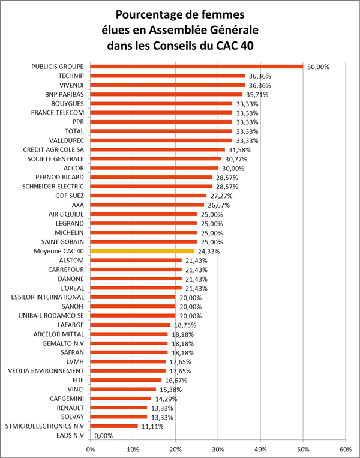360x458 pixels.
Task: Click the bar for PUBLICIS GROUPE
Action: click(x=196, y=67)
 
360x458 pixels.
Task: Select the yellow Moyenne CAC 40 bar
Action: click(x=142, y=251)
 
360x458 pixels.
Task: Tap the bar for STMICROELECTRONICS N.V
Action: click(x=114, y=426)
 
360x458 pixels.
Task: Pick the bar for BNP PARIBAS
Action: click(x=166, y=94)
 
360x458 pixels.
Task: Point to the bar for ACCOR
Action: click(x=154, y=168)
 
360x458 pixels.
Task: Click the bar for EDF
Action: click(x=126, y=380)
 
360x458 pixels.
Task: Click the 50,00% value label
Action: click(x=318, y=67)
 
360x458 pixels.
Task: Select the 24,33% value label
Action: click(x=209, y=251)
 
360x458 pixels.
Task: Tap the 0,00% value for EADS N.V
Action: click(x=104, y=436)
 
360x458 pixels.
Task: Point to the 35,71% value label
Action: click(x=257, y=95)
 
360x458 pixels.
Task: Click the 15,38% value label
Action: click(x=171, y=390)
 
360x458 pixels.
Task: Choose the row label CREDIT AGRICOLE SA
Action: click(x=53, y=150)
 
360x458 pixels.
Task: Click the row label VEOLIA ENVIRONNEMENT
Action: click(x=46, y=371)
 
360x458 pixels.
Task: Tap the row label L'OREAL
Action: click(x=72, y=288)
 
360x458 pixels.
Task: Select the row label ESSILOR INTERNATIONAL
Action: click(x=47, y=297)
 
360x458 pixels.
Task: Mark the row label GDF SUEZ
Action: click(x=70, y=196)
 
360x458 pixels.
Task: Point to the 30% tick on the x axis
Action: click(x=218, y=449)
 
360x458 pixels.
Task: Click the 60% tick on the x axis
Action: click(x=346, y=449)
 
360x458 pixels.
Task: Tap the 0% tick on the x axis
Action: click(x=91, y=449)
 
